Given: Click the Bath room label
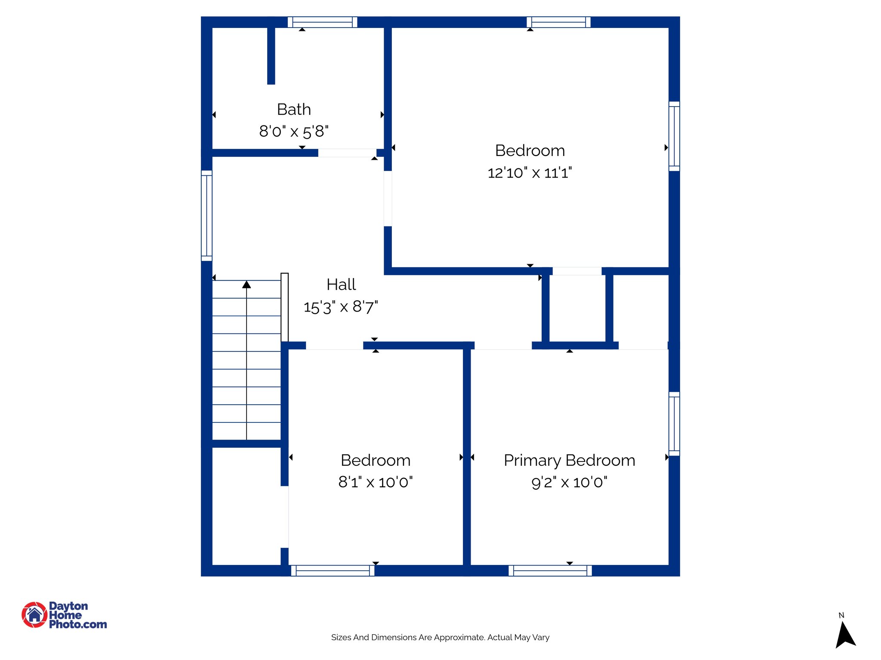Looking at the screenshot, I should click(x=294, y=110).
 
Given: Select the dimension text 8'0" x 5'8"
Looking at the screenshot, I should click(x=294, y=131).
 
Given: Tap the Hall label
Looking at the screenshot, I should click(x=341, y=284).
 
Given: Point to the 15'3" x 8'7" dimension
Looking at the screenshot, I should click(x=341, y=307).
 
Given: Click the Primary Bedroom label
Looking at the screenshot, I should click(x=569, y=460).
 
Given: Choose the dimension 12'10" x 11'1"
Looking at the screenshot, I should click(x=530, y=173).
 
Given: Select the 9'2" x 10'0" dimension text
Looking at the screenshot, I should click(x=569, y=482).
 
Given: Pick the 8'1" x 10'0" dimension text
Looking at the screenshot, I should click(x=375, y=482).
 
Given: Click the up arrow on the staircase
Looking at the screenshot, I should click(x=246, y=284).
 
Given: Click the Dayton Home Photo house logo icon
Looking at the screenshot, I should click(x=34, y=615).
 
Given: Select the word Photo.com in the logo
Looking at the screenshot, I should click(x=78, y=624).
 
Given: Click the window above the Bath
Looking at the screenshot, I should click(x=322, y=22).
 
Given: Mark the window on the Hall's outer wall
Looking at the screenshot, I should click(x=207, y=216).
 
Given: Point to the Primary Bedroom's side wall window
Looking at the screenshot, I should click(x=674, y=424).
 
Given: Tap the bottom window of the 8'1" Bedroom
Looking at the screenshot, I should click(x=333, y=571).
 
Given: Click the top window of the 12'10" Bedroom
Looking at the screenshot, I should click(x=558, y=22).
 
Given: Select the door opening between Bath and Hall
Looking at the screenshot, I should click(x=347, y=153).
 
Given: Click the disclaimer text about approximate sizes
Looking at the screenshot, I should click(x=440, y=637).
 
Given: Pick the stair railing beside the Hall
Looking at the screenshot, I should click(x=284, y=307).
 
